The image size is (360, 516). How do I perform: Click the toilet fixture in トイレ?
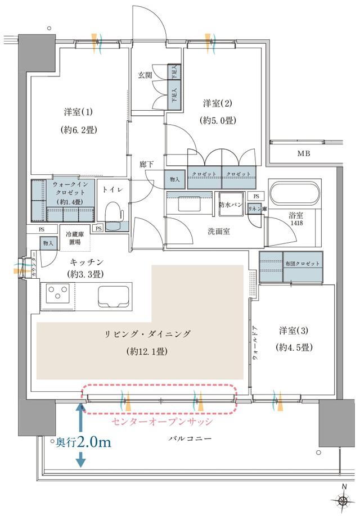tap(114, 214)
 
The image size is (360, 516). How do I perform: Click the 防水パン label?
tap(229, 205)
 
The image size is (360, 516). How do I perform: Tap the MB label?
tap(304, 153)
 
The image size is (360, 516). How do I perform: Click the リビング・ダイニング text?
tap(148, 334)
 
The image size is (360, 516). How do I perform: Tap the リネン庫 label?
tap(258, 209)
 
